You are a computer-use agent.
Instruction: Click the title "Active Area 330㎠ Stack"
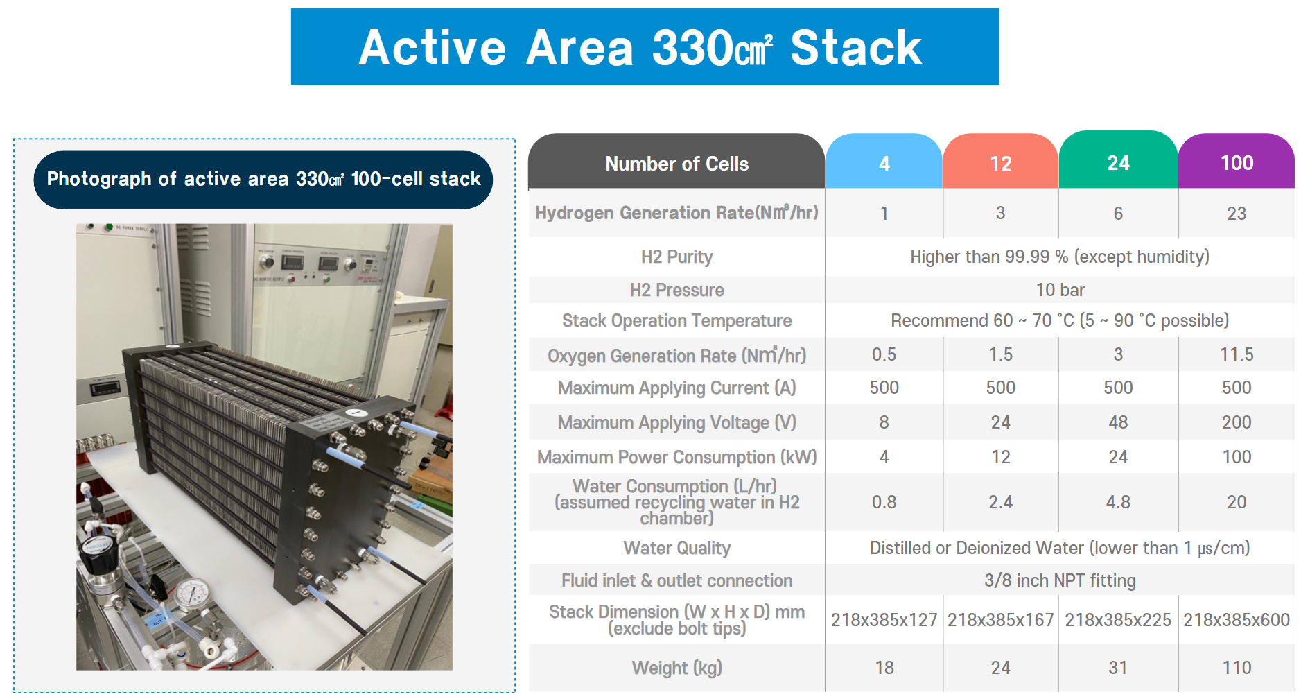pos(640,48)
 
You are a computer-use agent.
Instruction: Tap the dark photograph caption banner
pos(263,180)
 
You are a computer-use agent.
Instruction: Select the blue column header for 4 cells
pos(884,162)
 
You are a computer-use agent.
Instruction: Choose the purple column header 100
pos(1237,162)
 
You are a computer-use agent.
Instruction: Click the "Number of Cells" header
pos(676,164)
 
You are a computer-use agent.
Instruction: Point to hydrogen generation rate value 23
pos(1237,214)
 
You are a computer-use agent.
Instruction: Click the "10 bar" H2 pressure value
pos(1060,290)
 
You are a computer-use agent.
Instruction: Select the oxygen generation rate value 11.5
pos(1237,354)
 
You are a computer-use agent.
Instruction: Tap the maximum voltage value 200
pos(1237,422)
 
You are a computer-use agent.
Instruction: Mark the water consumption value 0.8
pos(884,502)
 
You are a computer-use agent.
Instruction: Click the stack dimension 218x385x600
pos(1237,620)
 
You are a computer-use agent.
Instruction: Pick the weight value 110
pos(1237,668)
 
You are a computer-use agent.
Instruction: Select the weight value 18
pos(884,668)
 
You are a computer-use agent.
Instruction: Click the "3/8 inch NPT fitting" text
pos(1060,580)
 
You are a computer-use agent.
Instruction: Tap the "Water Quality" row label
pos(676,549)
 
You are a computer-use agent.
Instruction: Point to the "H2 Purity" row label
pos(676,257)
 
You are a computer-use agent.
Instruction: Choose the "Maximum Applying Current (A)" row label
pos(676,388)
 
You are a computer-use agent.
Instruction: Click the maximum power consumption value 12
pos(1001,457)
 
